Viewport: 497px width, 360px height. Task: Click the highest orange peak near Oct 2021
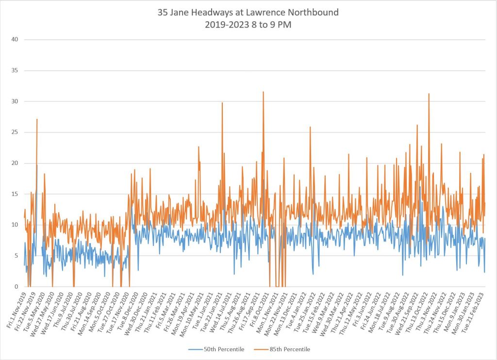[x=263, y=92]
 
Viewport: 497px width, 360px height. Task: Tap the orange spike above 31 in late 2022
[x=429, y=94]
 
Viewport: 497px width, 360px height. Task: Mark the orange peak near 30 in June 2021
[x=222, y=103]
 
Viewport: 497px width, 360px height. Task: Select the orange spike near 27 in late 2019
[x=37, y=119]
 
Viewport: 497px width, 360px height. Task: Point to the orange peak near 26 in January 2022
[x=310, y=127]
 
